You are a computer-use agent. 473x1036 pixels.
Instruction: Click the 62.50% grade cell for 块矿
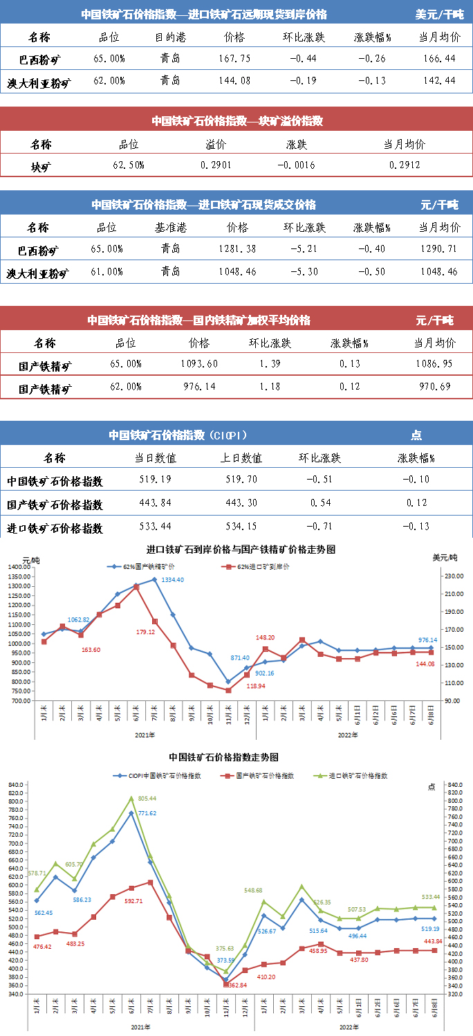[x=128, y=165]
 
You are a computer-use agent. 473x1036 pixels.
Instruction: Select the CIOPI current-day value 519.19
[x=155, y=479]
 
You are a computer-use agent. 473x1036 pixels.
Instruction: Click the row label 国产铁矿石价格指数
[x=55, y=504]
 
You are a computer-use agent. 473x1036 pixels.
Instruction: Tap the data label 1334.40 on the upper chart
[x=172, y=580]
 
